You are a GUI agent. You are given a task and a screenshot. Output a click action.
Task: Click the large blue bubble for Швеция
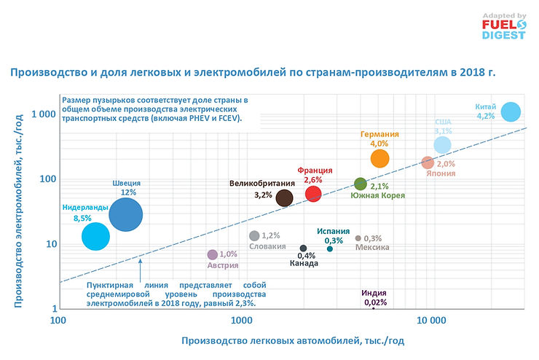tap(126, 214)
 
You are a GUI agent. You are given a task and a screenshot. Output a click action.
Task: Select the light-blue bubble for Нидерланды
tap(95, 236)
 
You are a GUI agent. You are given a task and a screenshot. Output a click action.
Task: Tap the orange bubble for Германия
tap(380, 158)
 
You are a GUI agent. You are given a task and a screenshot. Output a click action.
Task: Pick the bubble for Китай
tap(511, 111)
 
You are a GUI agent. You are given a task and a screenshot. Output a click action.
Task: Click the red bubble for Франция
tap(313, 193)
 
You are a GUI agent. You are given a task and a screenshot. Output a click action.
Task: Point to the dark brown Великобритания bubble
tap(284, 197)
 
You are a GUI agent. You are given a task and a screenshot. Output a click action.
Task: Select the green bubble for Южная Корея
tap(360, 184)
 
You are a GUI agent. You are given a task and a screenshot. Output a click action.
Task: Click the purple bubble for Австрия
tap(213, 254)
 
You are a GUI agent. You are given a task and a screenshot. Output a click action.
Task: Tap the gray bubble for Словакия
tap(254, 235)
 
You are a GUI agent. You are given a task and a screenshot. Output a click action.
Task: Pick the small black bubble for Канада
tap(304, 249)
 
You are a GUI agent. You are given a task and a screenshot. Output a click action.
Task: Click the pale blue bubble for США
tap(443, 145)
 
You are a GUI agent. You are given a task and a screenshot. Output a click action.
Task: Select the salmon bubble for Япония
tap(428, 163)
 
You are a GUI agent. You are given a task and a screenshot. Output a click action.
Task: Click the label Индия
tap(374, 293)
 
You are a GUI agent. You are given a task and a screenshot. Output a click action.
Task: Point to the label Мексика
tap(372, 248)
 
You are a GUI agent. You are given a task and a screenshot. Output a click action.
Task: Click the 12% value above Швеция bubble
tap(128, 192)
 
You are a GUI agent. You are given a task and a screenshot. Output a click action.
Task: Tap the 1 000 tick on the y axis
tap(43, 114)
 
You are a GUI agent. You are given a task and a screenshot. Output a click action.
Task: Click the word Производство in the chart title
tap(42, 72)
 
